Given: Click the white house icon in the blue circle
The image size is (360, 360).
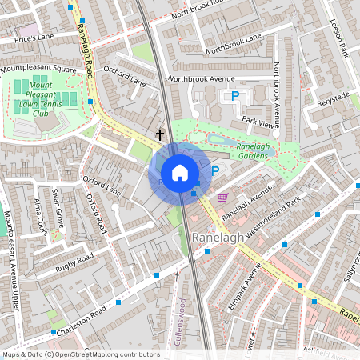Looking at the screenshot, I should (180, 173).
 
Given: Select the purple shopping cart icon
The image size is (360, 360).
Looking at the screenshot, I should (222, 197).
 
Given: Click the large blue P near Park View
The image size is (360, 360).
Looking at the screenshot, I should (235, 97).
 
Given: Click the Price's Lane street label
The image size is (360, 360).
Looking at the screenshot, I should (34, 38).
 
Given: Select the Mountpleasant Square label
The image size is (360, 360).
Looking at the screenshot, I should (38, 70).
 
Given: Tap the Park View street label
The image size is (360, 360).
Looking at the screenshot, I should (258, 122).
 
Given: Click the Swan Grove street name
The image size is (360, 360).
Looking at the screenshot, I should (58, 207).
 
